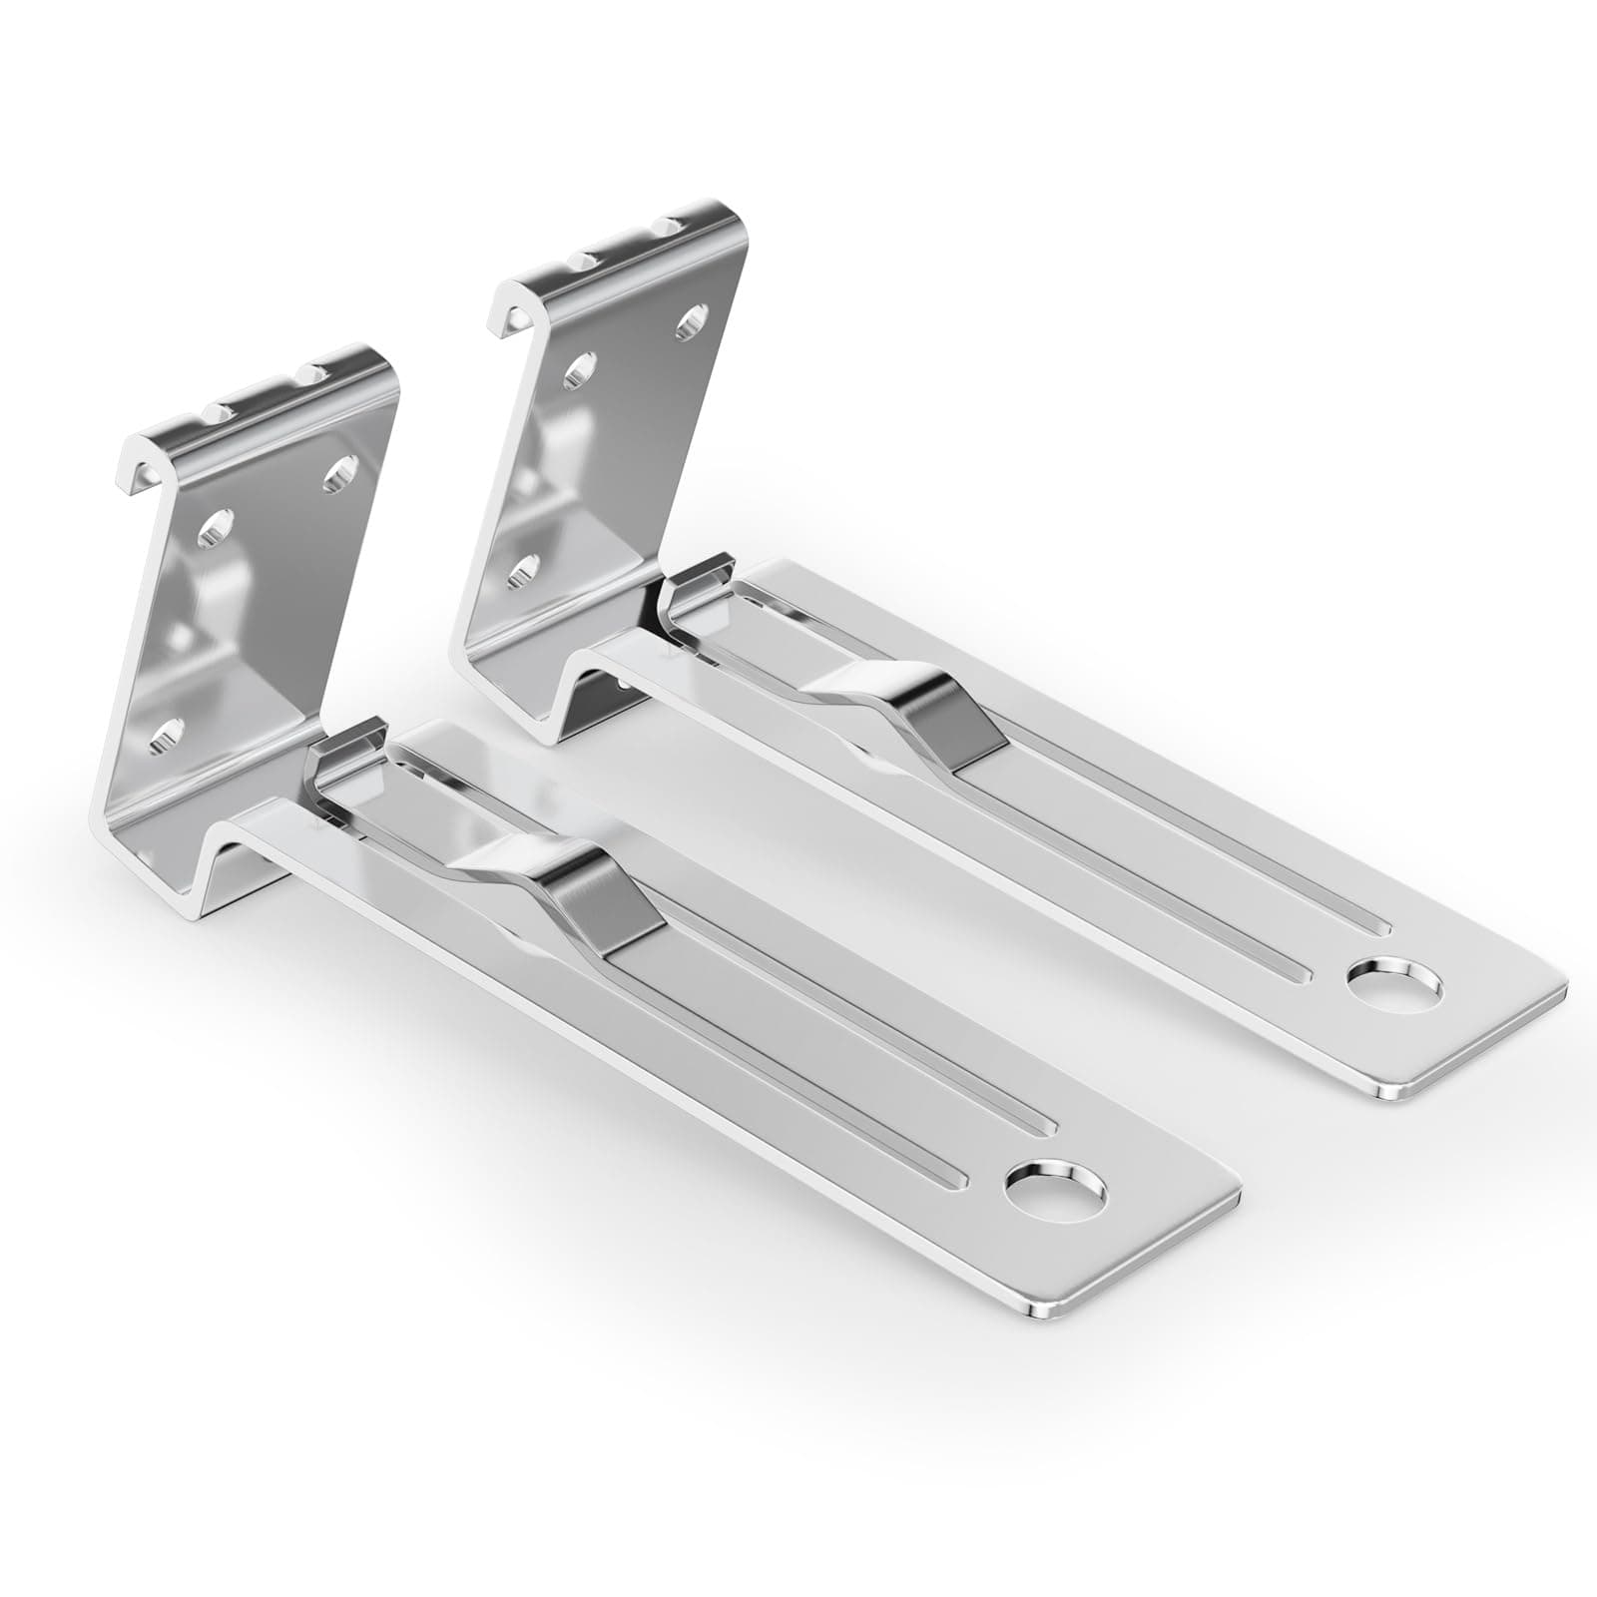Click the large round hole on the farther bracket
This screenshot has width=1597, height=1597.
(x=1393, y=984)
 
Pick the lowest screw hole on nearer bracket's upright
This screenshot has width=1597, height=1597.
(x=168, y=735)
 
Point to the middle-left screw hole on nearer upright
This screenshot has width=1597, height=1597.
(x=218, y=526)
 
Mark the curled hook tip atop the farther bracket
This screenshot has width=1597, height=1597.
(x=502, y=311)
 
